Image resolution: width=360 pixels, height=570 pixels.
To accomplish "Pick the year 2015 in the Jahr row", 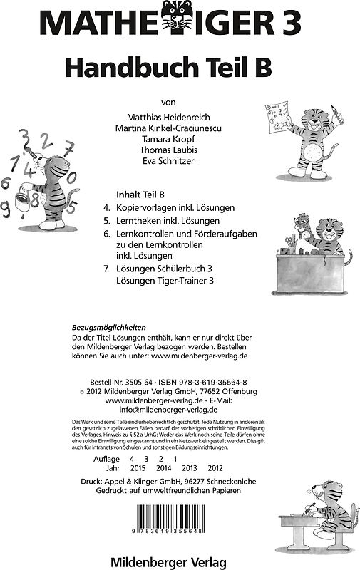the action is pos(139,469).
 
